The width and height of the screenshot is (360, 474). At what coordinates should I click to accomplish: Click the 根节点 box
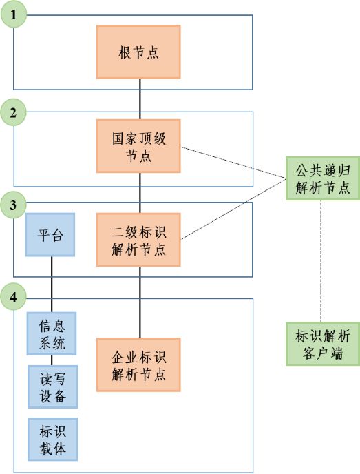(139, 52)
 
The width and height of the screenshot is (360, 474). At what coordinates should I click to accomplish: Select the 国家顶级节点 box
(139, 146)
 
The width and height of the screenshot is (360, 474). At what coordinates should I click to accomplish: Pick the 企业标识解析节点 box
(139, 364)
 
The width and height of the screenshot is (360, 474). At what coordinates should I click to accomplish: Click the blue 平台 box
(50, 234)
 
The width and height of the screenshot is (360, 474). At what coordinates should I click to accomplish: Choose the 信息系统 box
(52, 333)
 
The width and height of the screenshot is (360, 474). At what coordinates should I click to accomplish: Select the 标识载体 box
(52, 439)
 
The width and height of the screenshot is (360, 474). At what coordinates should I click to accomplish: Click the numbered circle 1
(14, 14)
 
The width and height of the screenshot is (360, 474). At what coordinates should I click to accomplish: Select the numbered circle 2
(14, 112)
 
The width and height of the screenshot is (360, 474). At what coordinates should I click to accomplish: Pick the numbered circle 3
(14, 204)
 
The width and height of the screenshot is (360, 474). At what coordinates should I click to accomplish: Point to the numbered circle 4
(14, 298)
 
